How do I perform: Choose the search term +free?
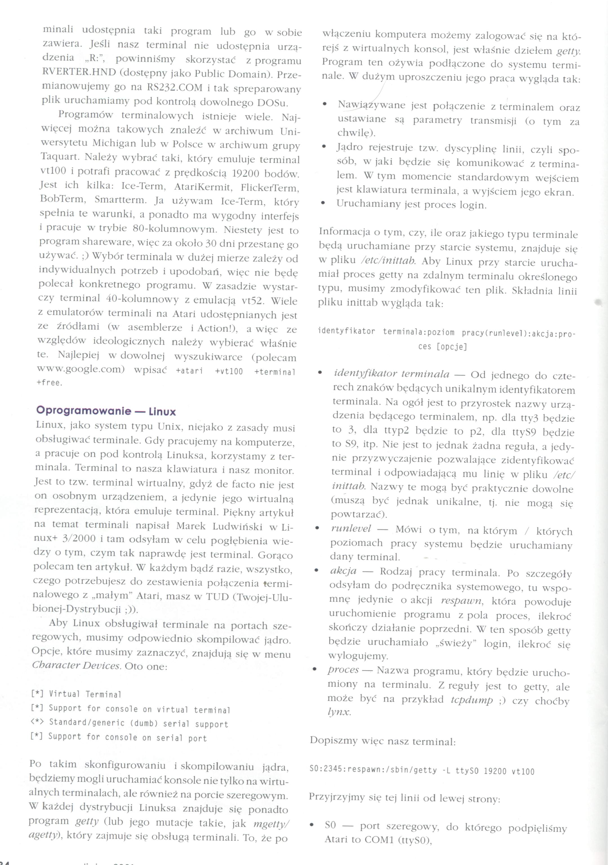49,383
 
